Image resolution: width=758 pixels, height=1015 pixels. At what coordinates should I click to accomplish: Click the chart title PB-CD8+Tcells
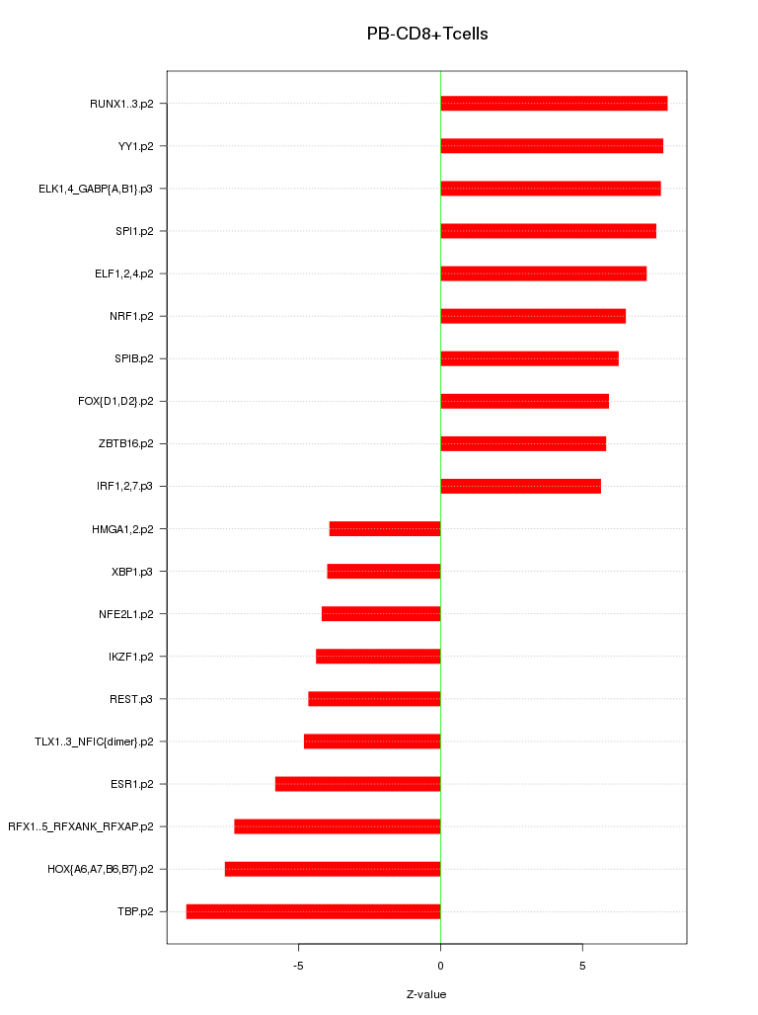pos(427,34)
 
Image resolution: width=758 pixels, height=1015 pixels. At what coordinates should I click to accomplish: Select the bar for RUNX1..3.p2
pos(554,104)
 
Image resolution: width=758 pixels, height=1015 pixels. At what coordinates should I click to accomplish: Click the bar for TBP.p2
pos(313,911)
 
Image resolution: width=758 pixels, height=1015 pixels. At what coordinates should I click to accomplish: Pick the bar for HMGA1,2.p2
pos(385,529)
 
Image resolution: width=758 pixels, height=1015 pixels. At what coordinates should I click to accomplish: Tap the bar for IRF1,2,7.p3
pos(520,486)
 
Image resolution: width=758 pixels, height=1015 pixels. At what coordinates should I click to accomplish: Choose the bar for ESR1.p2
pos(357,784)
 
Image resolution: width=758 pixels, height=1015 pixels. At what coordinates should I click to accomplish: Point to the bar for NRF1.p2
pos(533,316)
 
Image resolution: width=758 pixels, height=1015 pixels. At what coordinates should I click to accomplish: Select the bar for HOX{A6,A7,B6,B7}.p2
pos(333,869)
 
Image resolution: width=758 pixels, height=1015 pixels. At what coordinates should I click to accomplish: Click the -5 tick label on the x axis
pos(298,965)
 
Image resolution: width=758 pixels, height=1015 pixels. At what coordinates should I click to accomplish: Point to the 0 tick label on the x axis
pos(440,965)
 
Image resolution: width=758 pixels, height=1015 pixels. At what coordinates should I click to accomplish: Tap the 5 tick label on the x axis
pos(582,965)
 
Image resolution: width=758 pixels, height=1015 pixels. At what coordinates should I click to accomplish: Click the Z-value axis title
pos(426,994)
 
